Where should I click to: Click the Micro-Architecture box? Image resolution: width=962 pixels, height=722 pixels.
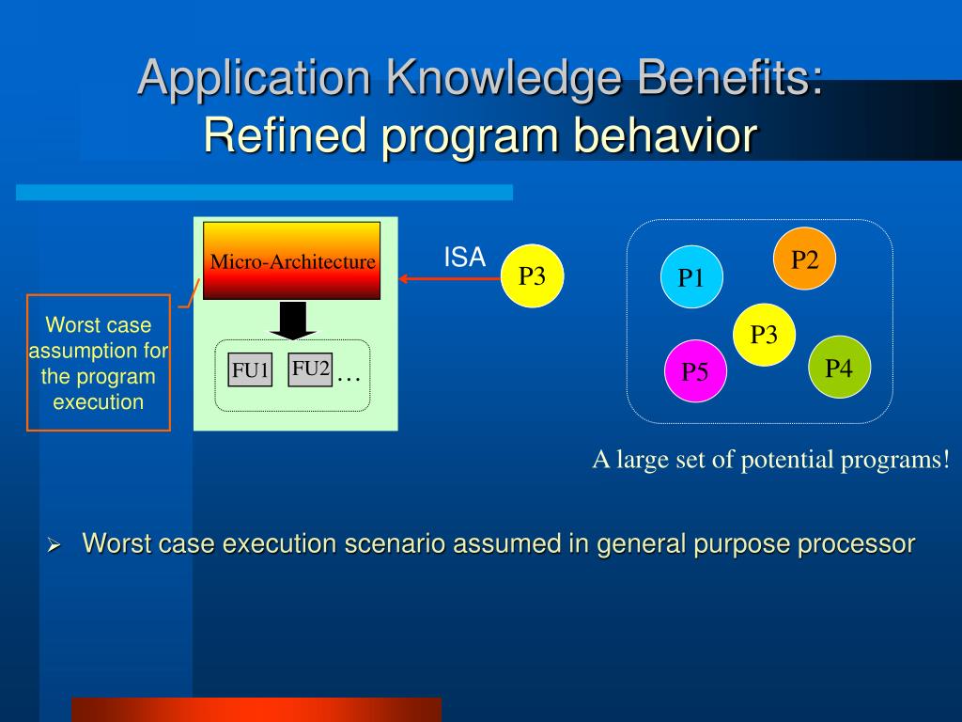point(292,260)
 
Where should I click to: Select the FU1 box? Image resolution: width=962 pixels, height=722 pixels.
point(251,370)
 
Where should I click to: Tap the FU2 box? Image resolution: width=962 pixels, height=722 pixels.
point(310,369)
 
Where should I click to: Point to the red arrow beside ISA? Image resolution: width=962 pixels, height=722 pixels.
point(447,278)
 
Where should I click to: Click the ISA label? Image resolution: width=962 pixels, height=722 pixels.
point(464,258)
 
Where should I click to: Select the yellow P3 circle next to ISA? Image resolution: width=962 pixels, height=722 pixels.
point(532,276)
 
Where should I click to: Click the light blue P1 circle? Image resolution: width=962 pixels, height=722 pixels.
point(691,278)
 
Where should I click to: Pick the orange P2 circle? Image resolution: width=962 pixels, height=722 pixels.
point(804,259)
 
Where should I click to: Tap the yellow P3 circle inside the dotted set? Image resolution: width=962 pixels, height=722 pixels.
point(764,335)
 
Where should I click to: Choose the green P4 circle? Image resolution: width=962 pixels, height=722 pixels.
point(839,368)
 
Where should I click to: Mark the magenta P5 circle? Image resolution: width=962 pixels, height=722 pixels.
point(695,371)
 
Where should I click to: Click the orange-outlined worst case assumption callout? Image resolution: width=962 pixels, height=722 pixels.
point(99,363)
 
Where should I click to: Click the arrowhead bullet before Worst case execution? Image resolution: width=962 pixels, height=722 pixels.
point(54,545)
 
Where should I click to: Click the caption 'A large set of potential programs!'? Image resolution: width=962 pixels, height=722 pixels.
point(770,460)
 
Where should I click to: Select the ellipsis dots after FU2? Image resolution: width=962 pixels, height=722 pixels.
point(349,377)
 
